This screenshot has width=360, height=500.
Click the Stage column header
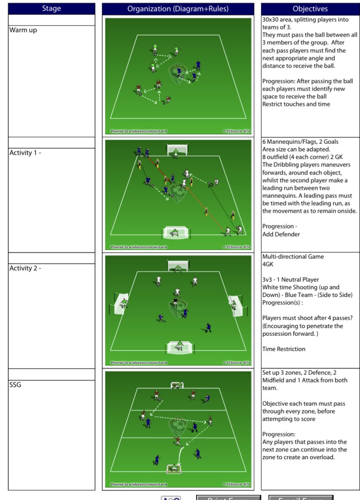point(51,9)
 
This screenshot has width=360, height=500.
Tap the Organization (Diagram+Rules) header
point(178,9)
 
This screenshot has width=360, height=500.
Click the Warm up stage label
point(23,31)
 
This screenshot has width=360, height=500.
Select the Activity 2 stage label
point(26,269)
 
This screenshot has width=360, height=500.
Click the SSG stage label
point(16,385)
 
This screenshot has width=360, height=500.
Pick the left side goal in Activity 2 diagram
point(122,303)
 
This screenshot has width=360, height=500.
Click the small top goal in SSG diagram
point(177,385)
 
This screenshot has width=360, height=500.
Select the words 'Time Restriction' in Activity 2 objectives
point(284,349)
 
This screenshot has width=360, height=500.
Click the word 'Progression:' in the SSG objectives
point(279,434)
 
